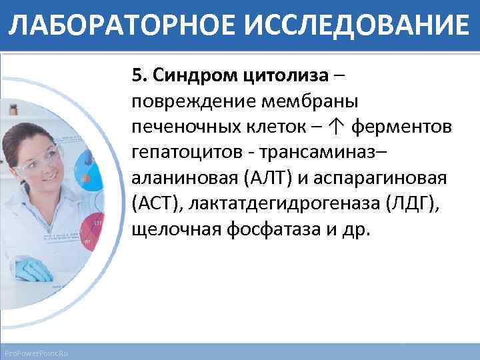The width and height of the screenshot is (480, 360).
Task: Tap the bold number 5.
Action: tap(138, 75)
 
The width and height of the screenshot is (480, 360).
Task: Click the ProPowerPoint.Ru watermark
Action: tap(40, 351)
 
